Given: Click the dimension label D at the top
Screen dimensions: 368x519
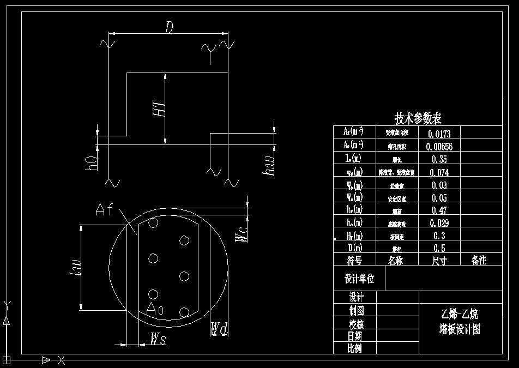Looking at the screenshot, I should pyautogui.click(x=169, y=28).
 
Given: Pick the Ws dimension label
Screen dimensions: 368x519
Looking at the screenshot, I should pyautogui.click(x=158, y=339).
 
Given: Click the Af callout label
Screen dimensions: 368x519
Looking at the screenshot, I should pyautogui.click(x=104, y=209).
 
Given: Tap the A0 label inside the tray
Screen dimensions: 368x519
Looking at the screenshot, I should pyautogui.click(x=155, y=310).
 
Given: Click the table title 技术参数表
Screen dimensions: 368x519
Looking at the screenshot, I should pyautogui.click(x=418, y=118).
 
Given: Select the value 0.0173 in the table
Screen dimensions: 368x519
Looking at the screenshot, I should pyautogui.click(x=439, y=133).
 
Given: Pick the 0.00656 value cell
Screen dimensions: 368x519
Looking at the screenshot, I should pyautogui.click(x=439, y=146).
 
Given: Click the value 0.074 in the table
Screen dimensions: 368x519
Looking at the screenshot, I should pyautogui.click(x=439, y=172).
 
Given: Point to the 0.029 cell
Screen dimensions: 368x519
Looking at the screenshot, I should pyautogui.click(x=439, y=223).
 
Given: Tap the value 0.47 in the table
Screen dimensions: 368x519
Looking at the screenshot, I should pyautogui.click(x=439, y=210).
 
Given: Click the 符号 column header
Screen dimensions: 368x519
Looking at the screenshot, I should pyautogui.click(x=355, y=261).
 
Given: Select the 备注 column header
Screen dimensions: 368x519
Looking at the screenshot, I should pyautogui.click(x=479, y=261).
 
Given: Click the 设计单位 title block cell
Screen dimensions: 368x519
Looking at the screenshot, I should pyautogui.click(x=359, y=279).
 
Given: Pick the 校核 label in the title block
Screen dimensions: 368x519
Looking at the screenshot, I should pyautogui.click(x=355, y=324).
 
